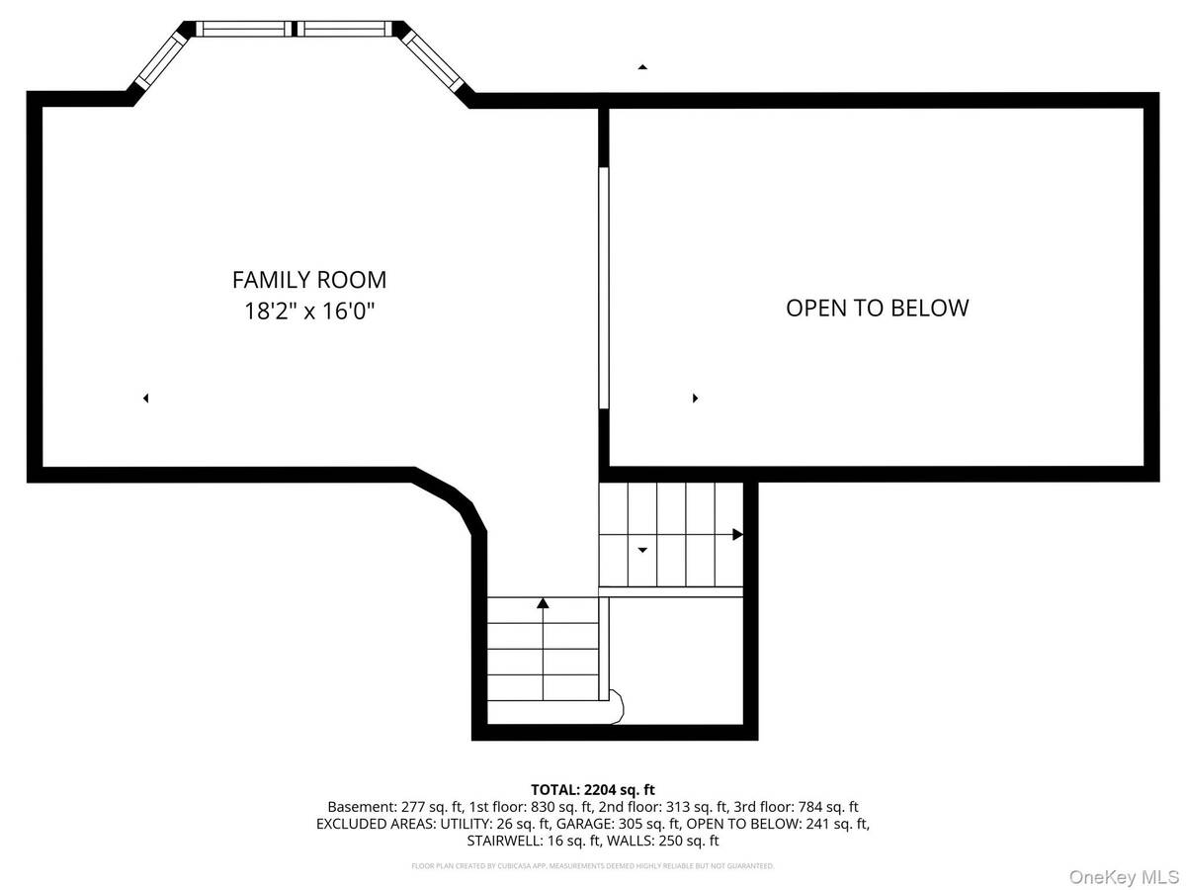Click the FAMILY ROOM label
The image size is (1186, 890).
coord(309,280)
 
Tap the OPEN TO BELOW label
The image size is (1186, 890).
coord(877,308)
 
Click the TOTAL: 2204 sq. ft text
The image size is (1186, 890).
coord(593,789)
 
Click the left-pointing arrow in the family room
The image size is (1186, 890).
coord(145,399)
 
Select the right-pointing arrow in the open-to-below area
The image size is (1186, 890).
coord(695,399)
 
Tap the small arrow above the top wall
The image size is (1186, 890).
coord(642,66)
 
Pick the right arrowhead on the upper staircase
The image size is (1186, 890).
coord(737,535)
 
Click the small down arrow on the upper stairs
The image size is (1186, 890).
coord(642,550)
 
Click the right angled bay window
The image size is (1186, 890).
coord(436,60)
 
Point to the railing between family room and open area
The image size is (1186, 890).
coord(604,287)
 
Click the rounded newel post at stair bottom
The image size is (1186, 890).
coord(616,704)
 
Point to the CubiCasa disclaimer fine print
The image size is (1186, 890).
coord(593,866)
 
